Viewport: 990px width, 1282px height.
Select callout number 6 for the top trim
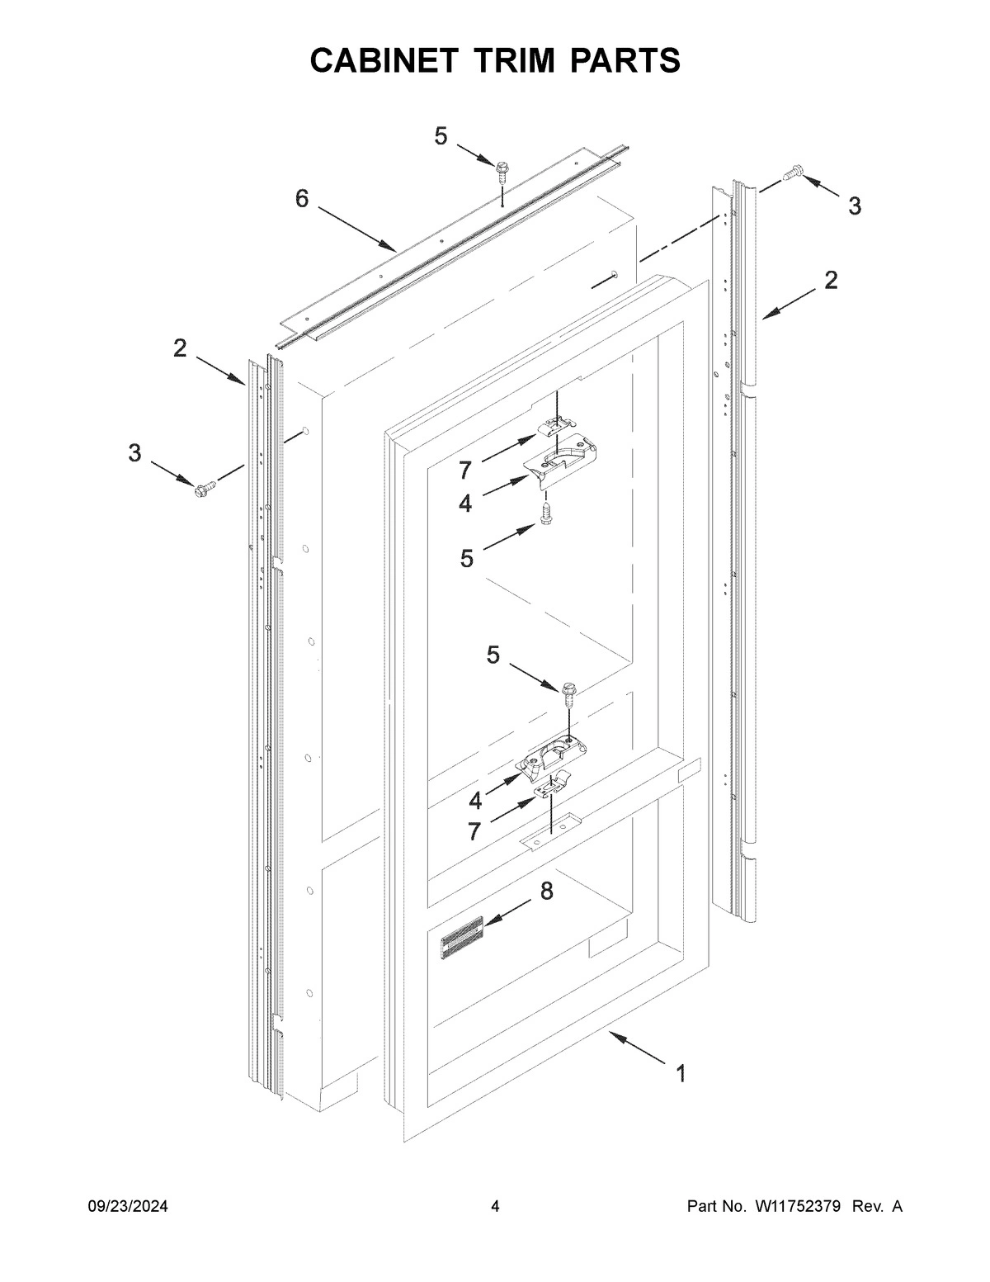302,198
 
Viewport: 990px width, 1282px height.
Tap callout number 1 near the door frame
681,1073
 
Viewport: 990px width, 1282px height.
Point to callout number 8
546,892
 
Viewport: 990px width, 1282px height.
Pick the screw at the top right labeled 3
794,173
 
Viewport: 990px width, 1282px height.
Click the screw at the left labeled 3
203,489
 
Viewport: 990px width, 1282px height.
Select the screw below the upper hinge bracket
545,511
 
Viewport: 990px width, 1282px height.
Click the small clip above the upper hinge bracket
554,424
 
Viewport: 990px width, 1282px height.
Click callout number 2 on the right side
830,280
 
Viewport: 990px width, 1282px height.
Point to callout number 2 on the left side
180,348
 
